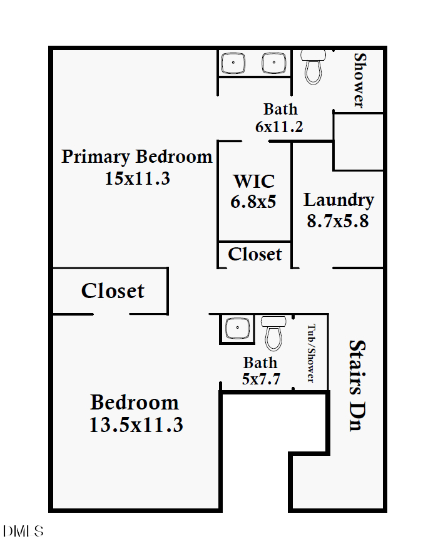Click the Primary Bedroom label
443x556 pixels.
pos(136,156)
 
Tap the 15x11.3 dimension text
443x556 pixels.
pos(137,178)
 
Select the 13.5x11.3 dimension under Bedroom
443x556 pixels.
pos(136,425)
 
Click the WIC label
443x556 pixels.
pos(253,182)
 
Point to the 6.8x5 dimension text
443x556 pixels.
pos(253,202)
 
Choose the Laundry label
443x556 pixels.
pos(339,200)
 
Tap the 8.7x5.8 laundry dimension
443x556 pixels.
pos(338,221)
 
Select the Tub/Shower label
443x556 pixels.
pos(310,353)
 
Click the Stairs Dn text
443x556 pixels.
pos(356,385)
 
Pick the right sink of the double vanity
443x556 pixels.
pos(271,63)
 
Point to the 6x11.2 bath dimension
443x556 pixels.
pos(279,126)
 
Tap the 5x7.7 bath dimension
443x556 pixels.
pos(260,379)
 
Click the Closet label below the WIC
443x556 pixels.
pos(255,254)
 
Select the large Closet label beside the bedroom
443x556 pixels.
pos(113,291)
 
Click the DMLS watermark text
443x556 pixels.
pos(23,532)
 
